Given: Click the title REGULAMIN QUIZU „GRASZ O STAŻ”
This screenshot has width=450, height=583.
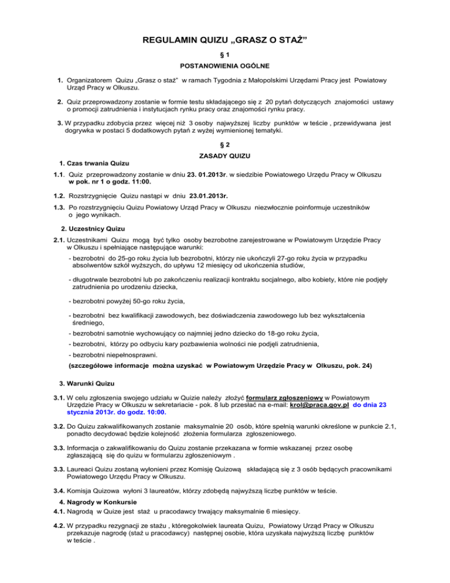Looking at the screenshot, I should (226, 40).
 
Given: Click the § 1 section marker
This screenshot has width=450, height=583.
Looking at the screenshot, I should (226, 55).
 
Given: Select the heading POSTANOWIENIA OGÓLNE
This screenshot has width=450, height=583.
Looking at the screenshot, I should (226, 67).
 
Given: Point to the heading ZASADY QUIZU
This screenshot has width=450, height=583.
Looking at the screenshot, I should (226, 155).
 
